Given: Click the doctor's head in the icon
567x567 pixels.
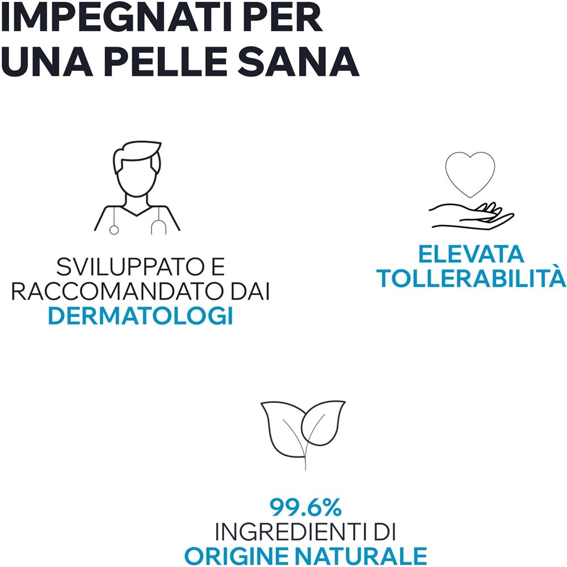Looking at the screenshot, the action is (137, 169).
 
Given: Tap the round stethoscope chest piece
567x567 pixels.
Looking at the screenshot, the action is (114, 230).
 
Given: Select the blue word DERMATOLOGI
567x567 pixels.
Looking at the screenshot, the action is (141, 316).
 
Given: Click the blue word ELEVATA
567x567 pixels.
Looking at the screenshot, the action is (471, 254).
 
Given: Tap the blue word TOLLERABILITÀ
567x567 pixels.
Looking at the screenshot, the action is (472, 278).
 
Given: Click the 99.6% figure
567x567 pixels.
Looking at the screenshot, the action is (305, 507).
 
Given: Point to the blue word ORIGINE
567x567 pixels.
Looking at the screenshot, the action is (242, 556).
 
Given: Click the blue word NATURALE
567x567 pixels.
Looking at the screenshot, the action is (366, 556).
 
